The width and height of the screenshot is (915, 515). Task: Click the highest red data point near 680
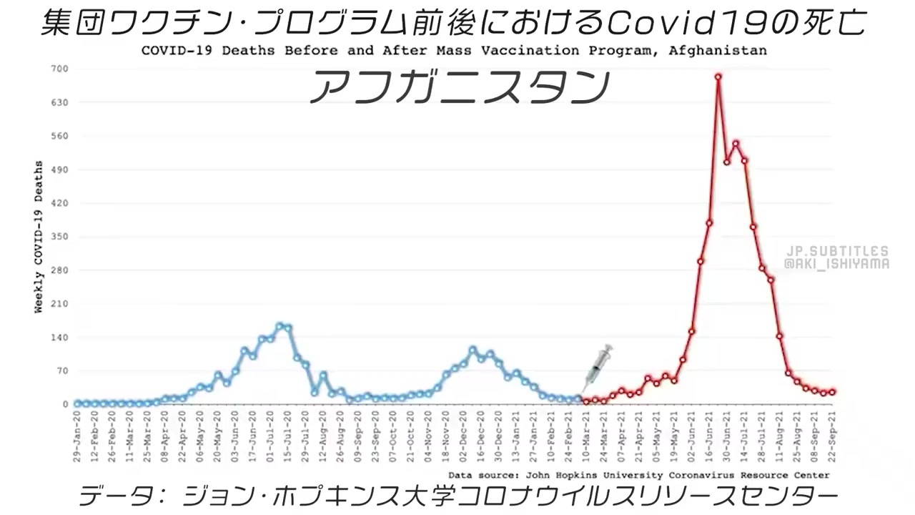click(x=718, y=77)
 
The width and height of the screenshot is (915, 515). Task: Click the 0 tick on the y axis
click(x=65, y=404)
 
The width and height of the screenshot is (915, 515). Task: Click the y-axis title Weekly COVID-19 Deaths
click(x=39, y=237)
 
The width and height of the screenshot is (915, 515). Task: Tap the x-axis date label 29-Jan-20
click(x=77, y=437)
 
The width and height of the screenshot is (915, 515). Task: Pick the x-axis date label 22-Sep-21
click(x=832, y=437)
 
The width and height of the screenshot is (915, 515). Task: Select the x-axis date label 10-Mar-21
click(x=587, y=437)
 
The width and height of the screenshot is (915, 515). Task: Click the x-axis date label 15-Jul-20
click(x=288, y=437)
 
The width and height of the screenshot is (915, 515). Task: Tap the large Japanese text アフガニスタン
click(x=459, y=88)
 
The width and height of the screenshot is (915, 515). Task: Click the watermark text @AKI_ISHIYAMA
click(x=836, y=264)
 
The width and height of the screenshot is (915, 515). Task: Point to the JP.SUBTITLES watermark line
click(x=836, y=252)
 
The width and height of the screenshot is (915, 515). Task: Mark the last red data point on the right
click(x=832, y=392)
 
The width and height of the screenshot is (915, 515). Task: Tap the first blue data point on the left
click(x=77, y=403)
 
